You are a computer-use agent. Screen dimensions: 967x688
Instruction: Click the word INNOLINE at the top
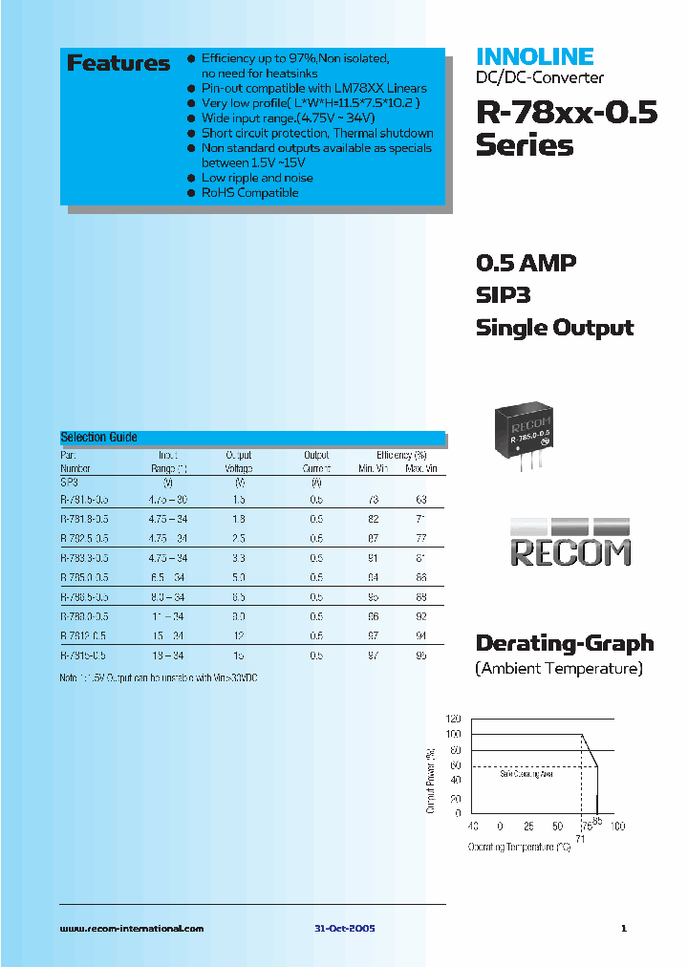click(x=534, y=56)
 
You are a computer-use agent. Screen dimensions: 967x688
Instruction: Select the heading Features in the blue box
click(x=118, y=64)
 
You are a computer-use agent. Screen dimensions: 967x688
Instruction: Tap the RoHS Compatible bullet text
click(x=249, y=193)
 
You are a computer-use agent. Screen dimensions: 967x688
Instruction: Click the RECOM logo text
click(x=570, y=552)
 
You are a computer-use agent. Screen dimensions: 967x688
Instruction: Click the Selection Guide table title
click(x=98, y=437)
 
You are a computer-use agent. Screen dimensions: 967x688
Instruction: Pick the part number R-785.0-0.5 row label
click(x=84, y=577)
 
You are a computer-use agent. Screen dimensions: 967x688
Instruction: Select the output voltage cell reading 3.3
click(x=239, y=558)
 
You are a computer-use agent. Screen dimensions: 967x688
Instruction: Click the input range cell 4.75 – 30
click(x=167, y=500)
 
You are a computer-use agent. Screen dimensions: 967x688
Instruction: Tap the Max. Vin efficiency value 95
click(x=421, y=655)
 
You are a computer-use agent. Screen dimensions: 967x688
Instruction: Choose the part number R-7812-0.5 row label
click(x=84, y=635)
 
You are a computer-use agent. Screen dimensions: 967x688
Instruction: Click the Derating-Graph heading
click(x=564, y=643)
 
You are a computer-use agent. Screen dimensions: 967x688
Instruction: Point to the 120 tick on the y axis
click(x=453, y=718)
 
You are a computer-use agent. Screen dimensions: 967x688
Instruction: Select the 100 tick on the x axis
click(x=617, y=826)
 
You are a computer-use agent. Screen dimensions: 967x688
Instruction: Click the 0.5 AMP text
click(x=526, y=263)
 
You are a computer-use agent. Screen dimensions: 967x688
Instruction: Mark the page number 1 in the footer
click(x=623, y=928)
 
